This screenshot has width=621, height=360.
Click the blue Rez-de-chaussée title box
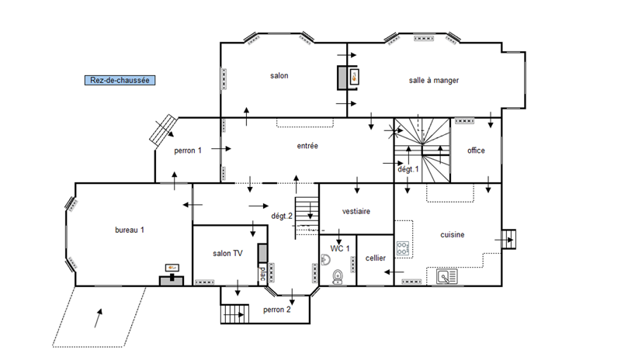(120, 81)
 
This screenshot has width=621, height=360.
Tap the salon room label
(279, 75)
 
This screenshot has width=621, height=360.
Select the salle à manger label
(434, 81)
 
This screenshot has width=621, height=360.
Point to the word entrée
(307, 146)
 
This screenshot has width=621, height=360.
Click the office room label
(476, 151)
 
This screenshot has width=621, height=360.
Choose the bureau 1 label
(130, 230)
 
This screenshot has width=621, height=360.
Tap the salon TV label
(227, 254)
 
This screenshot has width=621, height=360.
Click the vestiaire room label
(356, 212)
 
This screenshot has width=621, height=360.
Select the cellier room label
(376, 258)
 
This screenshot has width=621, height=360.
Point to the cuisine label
(453, 235)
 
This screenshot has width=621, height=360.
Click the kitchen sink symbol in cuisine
(447, 276)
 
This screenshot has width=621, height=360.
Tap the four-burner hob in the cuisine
(403, 248)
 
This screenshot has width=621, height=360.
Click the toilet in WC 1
(338, 276)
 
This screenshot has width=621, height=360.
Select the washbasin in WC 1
(325, 260)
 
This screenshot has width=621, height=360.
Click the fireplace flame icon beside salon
(354, 77)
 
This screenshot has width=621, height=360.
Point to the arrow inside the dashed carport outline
(99, 318)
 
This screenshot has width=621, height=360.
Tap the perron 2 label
(277, 310)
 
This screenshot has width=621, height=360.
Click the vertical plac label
(262, 274)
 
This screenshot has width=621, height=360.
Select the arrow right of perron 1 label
(221, 149)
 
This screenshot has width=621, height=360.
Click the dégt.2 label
(282, 216)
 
